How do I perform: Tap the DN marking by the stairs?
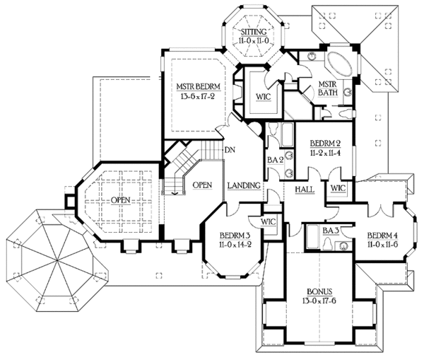coord(229,150)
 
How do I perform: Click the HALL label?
coord(305,190)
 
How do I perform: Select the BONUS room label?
coord(321,291)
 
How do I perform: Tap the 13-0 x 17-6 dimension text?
coord(321,302)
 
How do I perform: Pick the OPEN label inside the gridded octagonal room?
coord(121,200)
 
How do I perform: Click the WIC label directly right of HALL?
coord(336,188)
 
